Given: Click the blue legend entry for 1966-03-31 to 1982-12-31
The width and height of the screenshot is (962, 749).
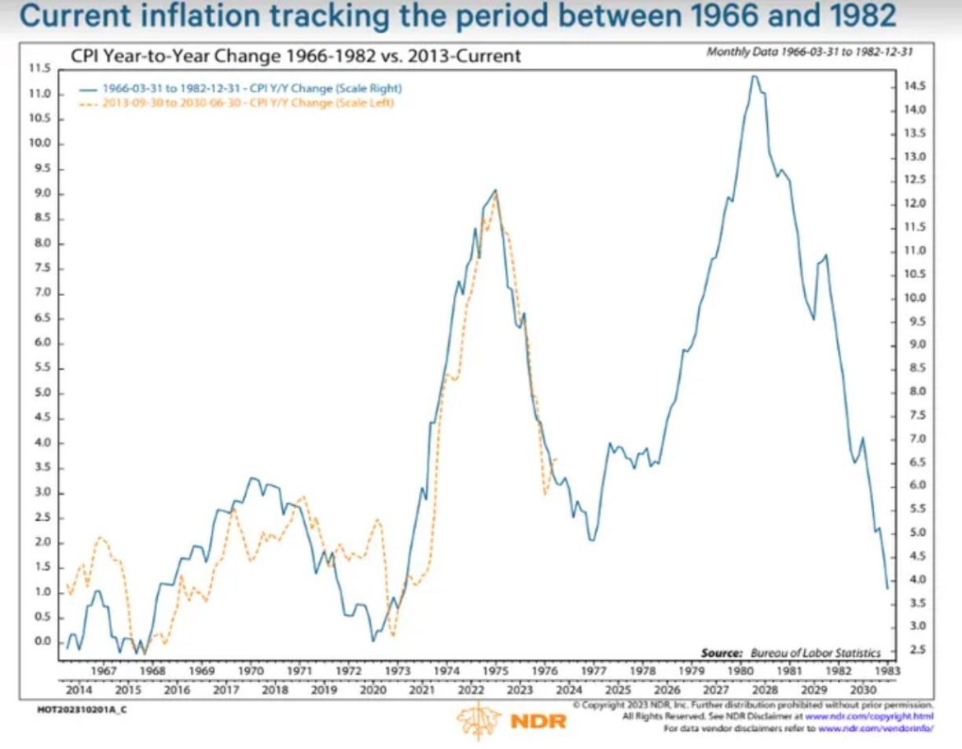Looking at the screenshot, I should (x=252, y=87).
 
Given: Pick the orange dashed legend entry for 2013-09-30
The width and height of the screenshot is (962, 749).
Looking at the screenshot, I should (x=247, y=103).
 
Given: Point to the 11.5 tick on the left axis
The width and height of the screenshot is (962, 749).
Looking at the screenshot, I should (x=40, y=69).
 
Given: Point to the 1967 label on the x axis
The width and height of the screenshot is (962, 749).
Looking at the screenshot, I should (x=104, y=671).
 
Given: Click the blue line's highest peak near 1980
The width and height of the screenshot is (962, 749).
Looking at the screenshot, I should (x=754, y=76).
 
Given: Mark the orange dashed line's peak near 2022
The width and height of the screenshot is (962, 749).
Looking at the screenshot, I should (x=494, y=198).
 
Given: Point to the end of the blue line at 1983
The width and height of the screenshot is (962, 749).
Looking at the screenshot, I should (x=887, y=588).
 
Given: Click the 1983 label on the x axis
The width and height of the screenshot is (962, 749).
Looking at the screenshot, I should (x=887, y=671).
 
